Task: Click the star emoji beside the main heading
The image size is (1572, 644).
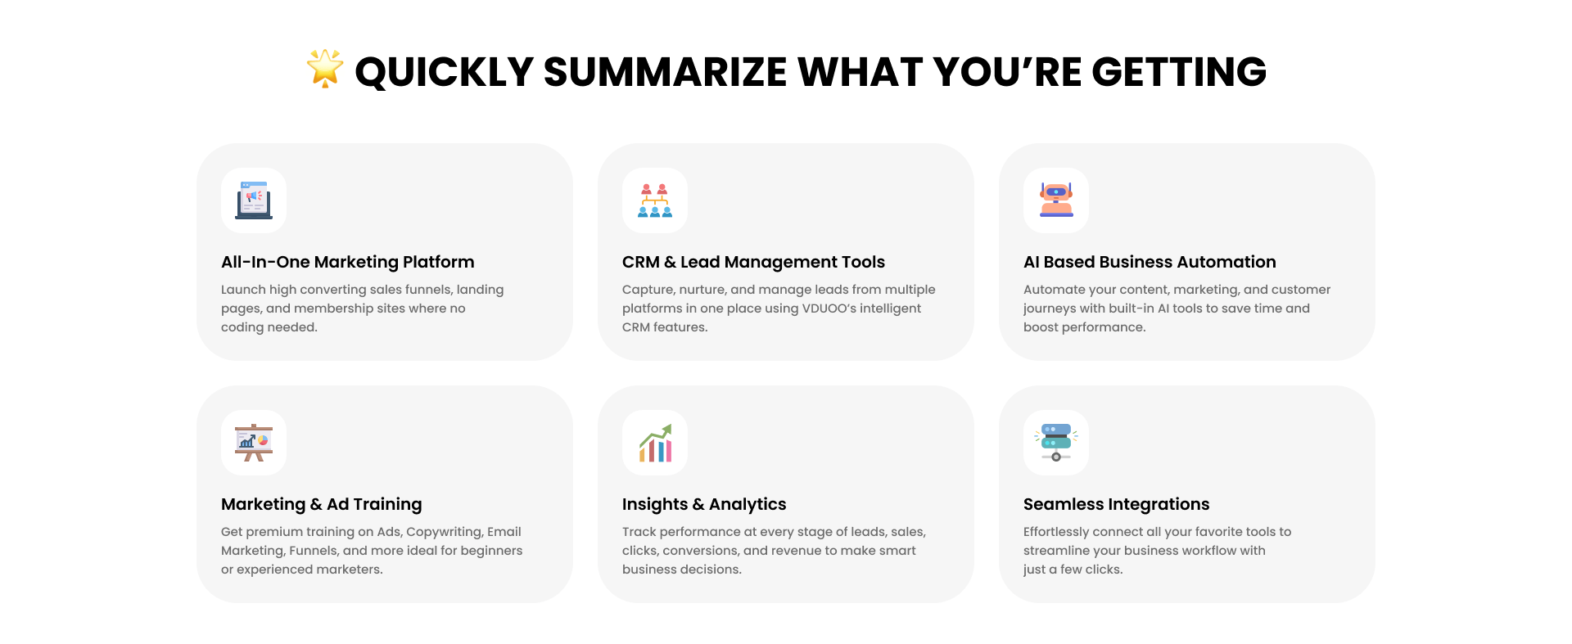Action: click(x=325, y=68)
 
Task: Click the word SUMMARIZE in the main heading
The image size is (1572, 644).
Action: click(x=665, y=72)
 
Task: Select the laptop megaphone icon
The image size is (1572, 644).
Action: click(x=254, y=200)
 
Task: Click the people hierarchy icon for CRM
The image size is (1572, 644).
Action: click(x=655, y=200)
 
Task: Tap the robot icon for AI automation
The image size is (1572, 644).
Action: click(x=1056, y=200)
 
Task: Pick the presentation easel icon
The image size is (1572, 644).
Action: click(x=254, y=443)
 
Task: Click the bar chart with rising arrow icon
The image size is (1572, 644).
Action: click(x=655, y=443)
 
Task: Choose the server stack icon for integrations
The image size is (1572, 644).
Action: click(x=1056, y=443)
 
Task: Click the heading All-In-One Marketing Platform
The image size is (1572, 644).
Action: click(x=348, y=262)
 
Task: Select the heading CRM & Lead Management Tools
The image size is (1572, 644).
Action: click(x=753, y=262)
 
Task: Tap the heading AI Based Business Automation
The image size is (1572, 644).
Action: click(x=1150, y=262)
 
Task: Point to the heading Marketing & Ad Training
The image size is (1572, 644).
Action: click(x=322, y=504)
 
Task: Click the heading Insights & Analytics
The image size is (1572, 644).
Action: click(x=704, y=504)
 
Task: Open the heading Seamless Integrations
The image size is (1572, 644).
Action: click(x=1116, y=504)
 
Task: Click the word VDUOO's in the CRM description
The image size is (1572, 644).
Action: click(x=829, y=308)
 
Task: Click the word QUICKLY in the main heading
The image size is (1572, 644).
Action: click(x=445, y=72)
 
